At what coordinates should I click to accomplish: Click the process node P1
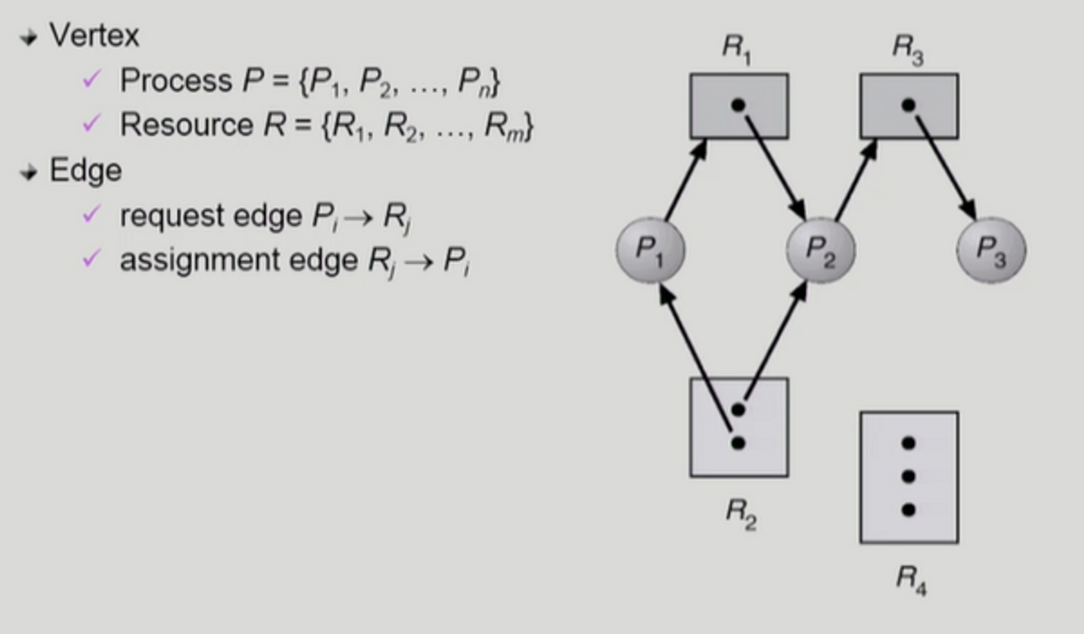(x=650, y=250)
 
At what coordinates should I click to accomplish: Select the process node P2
(x=821, y=250)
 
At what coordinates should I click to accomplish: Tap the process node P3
(x=991, y=250)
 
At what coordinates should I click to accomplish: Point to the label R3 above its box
(x=908, y=49)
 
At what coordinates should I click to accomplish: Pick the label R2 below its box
(x=741, y=513)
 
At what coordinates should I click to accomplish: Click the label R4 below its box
(x=911, y=579)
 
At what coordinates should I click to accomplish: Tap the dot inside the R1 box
(x=738, y=105)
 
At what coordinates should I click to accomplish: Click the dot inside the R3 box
(x=908, y=105)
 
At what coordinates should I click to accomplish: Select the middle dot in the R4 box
(x=908, y=476)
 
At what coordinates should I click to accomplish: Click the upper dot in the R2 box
(x=738, y=410)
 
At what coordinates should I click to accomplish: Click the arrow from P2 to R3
(x=856, y=180)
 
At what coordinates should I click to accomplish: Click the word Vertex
(x=94, y=36)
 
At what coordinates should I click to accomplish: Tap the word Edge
(x=86, y=171)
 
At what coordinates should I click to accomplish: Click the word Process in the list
(x=176, y=81)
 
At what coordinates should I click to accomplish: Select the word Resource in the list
(x=186, y=125)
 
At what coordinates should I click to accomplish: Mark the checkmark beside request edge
(x=91, y=214)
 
